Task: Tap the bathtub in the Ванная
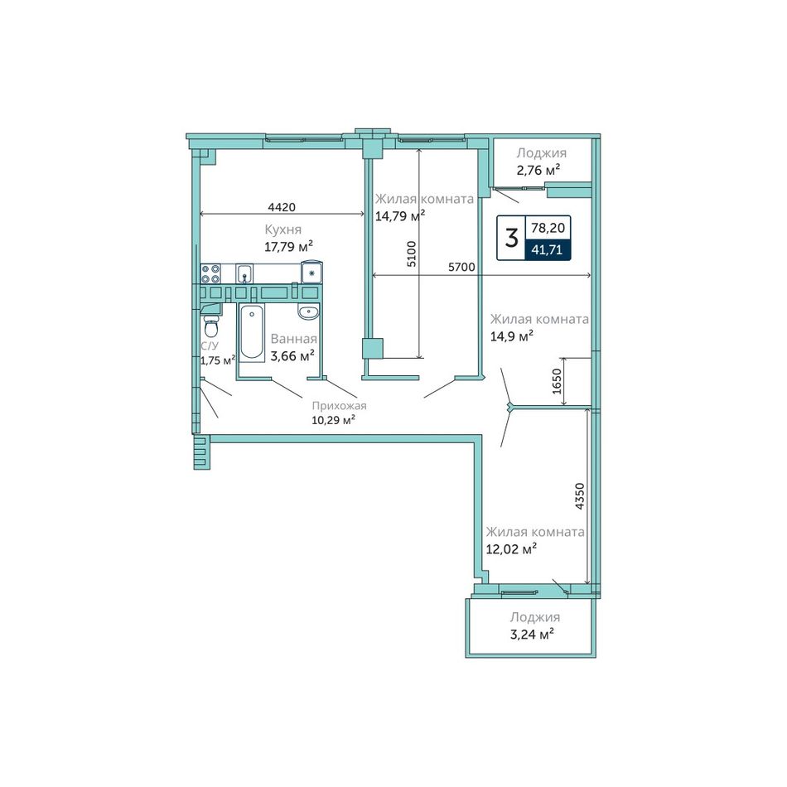click(252, 332)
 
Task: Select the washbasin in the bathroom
click(308, 312)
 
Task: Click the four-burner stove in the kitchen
click(210, 273)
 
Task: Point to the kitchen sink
click(244, 273)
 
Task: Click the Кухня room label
click(283, 229)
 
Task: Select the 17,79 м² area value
click(288, 246)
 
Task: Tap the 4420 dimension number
click(282, 206)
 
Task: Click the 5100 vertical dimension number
click(411, 254)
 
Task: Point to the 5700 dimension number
click(461, 267)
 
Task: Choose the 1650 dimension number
click(557, 381)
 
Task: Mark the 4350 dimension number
click(580, 496)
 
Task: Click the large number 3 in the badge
click(511, 238)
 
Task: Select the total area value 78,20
click(548, 228)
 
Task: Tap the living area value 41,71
click(547, 249)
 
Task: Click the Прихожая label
click(340, 406)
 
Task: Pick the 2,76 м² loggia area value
click(538, 170)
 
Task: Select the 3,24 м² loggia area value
click(532, 634)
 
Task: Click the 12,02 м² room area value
click(511, 548)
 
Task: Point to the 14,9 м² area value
click(511, 336)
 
